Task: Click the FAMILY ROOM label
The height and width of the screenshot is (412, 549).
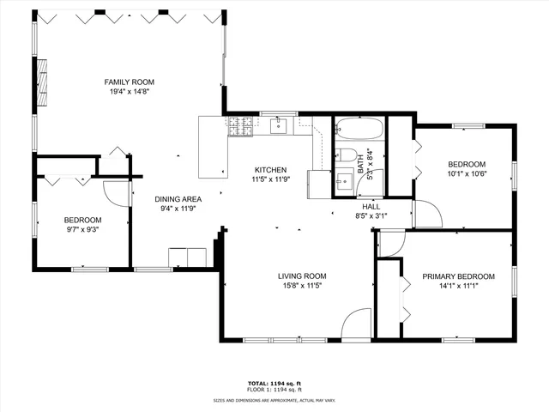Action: click(x=130, y=82)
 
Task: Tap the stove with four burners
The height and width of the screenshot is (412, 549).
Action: click(x=239, y=127)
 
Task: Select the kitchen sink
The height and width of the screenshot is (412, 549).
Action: click(x=278, y=127)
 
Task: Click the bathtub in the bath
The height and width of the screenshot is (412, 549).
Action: click(x=359, y=130)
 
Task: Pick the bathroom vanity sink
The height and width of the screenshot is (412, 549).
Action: click(x=345, y=181)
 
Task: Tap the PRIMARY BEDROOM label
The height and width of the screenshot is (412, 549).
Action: click(x=458, y=276)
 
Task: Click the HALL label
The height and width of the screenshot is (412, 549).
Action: click(x=371, y=207)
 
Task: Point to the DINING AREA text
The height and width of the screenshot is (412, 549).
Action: click(x=178, y=200)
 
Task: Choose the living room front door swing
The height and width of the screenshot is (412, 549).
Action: click(x=354, y=326)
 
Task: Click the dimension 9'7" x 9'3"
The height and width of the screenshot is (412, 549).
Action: click(x=83, y=230)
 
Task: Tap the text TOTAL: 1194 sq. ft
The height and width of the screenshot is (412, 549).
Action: click(x=274, y=383)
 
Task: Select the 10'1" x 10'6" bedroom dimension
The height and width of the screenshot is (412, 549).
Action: click(x=467, y=175)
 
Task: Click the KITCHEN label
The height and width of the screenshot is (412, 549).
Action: click(x=269, y=170)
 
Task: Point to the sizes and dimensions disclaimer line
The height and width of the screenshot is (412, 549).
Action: click(x=274, y=400)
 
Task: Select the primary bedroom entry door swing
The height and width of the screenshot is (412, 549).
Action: click(x=391, y=245)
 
